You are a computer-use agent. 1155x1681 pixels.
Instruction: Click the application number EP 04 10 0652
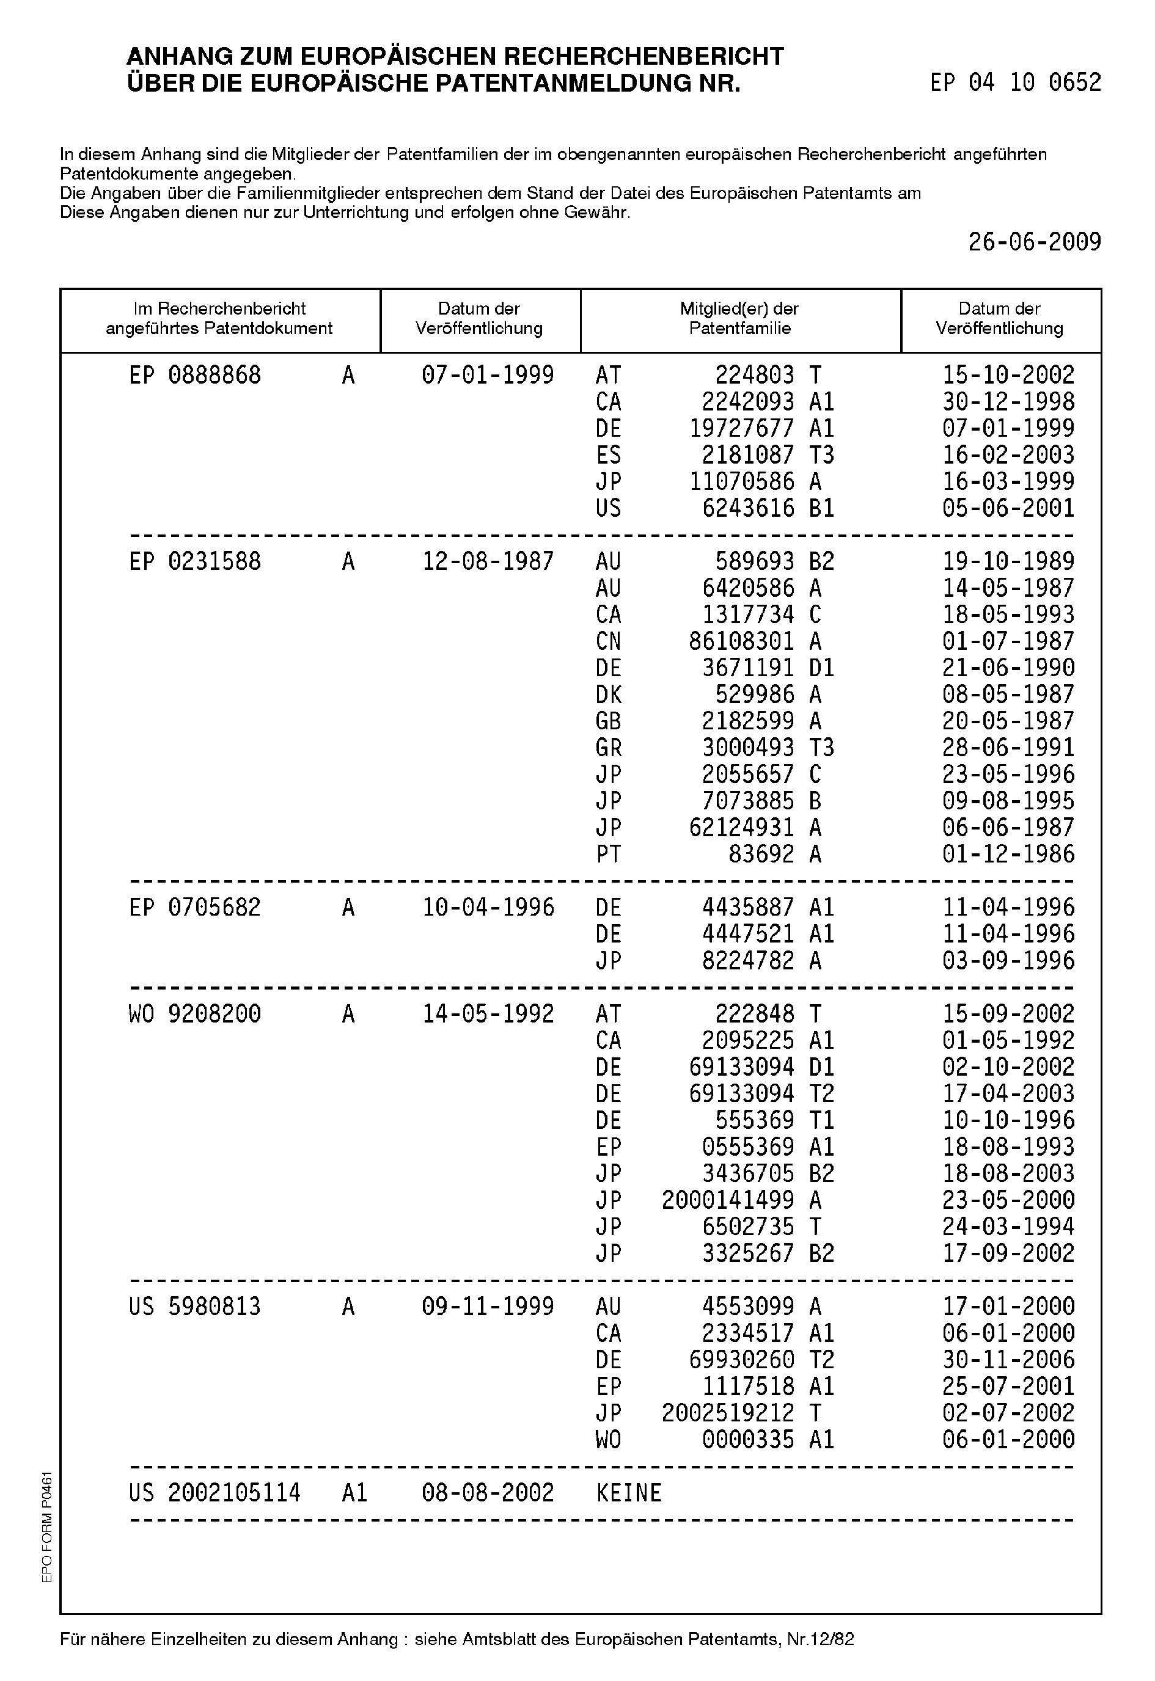tap(1015, 82)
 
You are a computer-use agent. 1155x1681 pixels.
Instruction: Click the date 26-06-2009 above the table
tap(1034, 242)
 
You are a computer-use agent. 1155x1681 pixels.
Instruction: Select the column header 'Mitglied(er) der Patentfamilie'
tap(739, 318)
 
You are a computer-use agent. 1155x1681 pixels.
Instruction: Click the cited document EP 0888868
tap(195, 376)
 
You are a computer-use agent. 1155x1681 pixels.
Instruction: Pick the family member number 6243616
tap(747, 508)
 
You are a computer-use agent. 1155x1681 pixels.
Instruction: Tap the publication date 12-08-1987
tap(488, 562)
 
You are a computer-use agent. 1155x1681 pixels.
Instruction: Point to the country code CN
tap(608, 641)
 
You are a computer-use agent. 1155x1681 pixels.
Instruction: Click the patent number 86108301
tap(741, 641)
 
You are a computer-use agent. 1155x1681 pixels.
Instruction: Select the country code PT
tap(608, 854)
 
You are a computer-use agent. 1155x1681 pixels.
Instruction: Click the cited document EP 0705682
tap(195, 908)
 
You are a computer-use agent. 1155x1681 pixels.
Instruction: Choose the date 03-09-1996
tap(1008, 961)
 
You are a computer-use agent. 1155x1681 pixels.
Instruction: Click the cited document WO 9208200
tap(195, 1014)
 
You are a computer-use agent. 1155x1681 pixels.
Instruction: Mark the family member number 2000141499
tap(727, 1200)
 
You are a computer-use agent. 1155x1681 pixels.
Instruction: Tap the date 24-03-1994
tap(1008, 1227)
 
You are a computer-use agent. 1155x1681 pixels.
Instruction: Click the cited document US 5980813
tap(195, 1307)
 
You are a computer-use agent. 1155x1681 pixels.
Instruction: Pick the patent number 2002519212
tap(727, 1413)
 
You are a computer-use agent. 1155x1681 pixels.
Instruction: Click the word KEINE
tap(629, 1493)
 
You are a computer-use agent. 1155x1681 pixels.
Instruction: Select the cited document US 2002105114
tap(215, 1493)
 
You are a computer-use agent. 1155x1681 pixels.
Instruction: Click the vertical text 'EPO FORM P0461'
tap(47, 1527)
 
